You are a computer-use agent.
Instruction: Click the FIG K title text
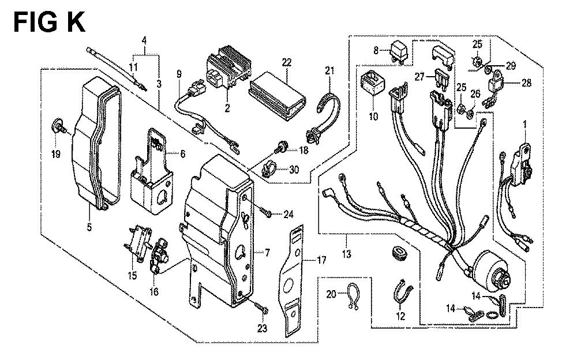click(x=49, y=22)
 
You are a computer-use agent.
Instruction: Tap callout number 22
click(x=286, y=62)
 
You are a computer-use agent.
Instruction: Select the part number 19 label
click(x=55, y=154)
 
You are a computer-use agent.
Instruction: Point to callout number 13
click(x=346, y=253)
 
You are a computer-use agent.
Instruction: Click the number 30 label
click(x=294, y=170)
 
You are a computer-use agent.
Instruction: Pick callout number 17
click(x=321, y=261)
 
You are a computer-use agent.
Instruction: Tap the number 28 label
click(x=527, y=83)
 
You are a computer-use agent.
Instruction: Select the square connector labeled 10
click(x=373, y=84)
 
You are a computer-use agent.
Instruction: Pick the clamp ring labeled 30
click(x=271, y=170)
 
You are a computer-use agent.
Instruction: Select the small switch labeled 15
click(x=138, y=243)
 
